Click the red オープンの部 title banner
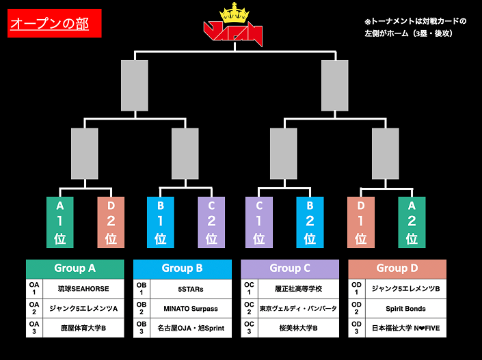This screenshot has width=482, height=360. (54, 24)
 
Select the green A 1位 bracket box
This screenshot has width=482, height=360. (59, 221)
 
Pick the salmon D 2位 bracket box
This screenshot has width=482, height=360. (111, 221)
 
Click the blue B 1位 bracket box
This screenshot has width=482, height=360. (161, 221)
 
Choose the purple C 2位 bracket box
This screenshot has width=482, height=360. (211, 221)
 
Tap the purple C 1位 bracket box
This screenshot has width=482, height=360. (259, 221)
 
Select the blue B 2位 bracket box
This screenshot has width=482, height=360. (310, 221)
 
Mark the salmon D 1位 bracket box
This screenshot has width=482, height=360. (361, 221)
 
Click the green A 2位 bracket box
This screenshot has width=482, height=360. (412, 221)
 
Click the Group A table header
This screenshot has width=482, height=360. (75, 268)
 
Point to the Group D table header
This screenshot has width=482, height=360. (397, 268)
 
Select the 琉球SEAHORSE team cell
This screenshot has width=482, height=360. (83, 289)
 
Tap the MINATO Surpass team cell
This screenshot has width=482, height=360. (191, 309)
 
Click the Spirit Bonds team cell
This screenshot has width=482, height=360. (406, 309)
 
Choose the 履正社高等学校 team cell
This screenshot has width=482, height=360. (299, 289)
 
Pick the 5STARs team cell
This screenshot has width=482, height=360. (191, 289)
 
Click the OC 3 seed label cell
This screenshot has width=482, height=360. (250, 328)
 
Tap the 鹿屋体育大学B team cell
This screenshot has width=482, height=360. (83, 329)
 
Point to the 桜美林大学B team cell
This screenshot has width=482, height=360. (299, 329)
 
